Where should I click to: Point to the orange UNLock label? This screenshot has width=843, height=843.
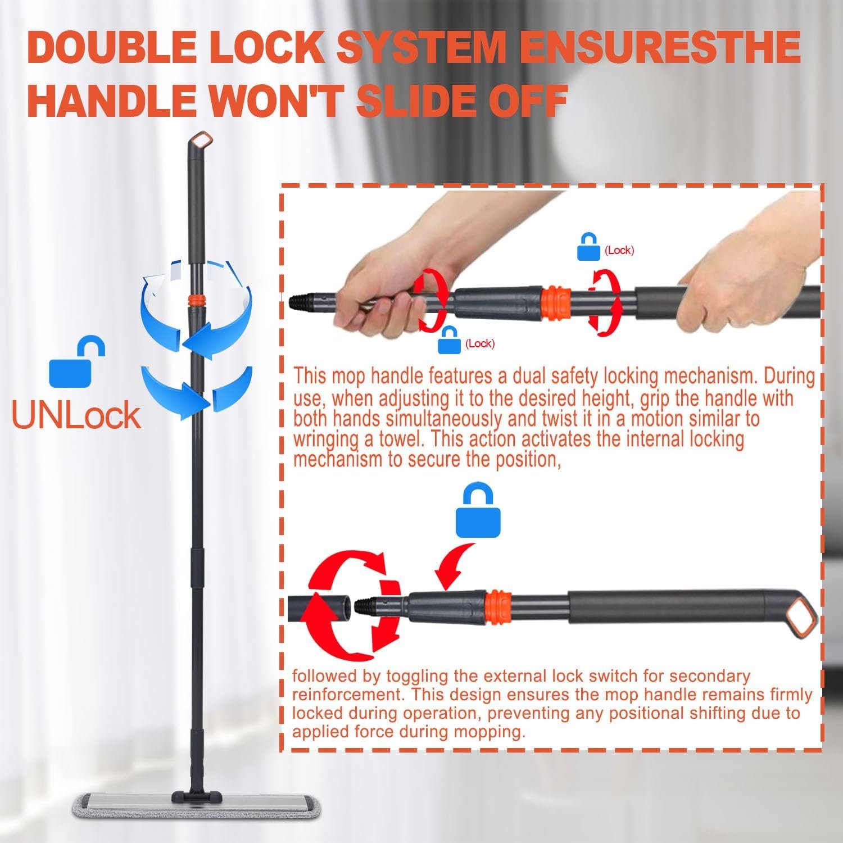[x=76, y=415]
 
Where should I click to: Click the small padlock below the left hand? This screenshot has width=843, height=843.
[x=449, y=340]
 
